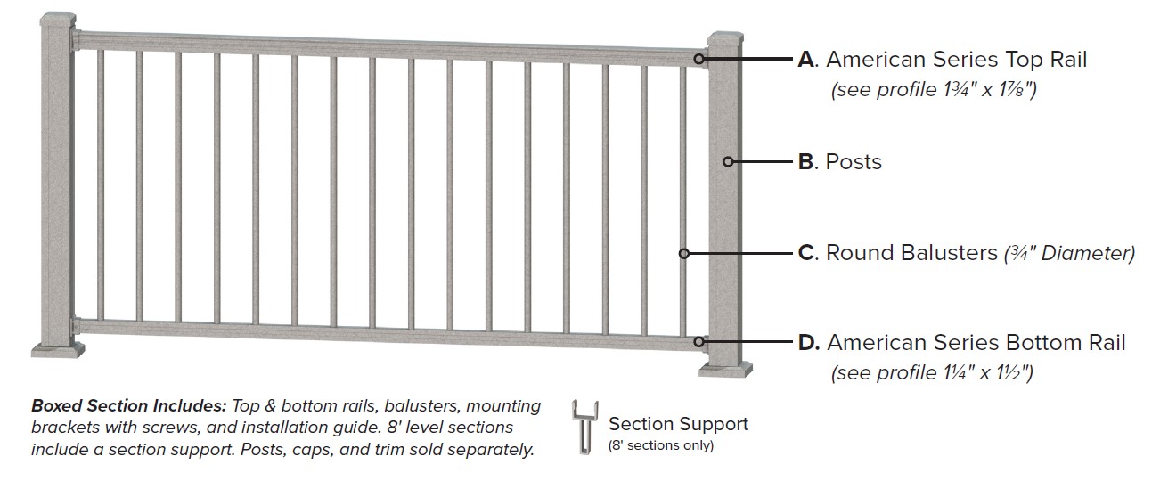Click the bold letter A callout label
point(807,60)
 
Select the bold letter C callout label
point(807,253)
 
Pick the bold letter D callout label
point(808,343)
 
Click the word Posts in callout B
point(854,162)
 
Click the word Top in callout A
point(1023,60)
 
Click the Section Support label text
point(678,424)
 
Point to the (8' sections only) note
point(660,445)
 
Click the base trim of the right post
point(725,368)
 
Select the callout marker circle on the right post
point(728,162)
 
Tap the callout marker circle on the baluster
point(684,254)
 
